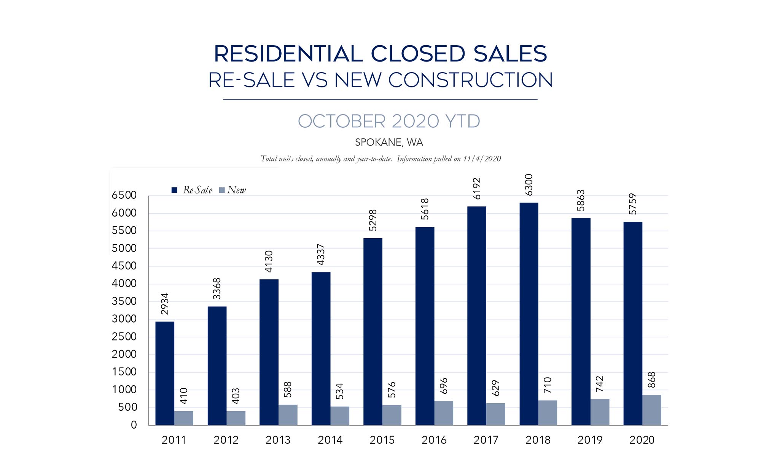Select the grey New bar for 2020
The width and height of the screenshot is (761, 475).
click(652, 410)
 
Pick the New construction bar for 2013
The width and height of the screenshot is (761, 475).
click(288, 415)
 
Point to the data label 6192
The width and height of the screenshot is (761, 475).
click(477, 188)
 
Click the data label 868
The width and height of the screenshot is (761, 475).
click(652, 380)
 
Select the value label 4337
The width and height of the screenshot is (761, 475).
click(321, 255)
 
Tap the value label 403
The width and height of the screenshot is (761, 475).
click(236, 396)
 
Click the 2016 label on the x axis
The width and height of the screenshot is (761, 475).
click(434, 440)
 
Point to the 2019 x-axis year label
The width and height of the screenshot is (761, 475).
click(590, 440)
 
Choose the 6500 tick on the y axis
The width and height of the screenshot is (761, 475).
click(124, 195)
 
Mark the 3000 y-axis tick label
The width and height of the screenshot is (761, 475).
click(124, 319)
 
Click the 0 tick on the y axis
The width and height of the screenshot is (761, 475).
click(134, 425)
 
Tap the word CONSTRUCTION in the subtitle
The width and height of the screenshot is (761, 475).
click(470, 80)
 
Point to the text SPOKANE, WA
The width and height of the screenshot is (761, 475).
click(389, 142)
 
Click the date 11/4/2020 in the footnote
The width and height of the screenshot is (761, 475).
click(482, 159)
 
